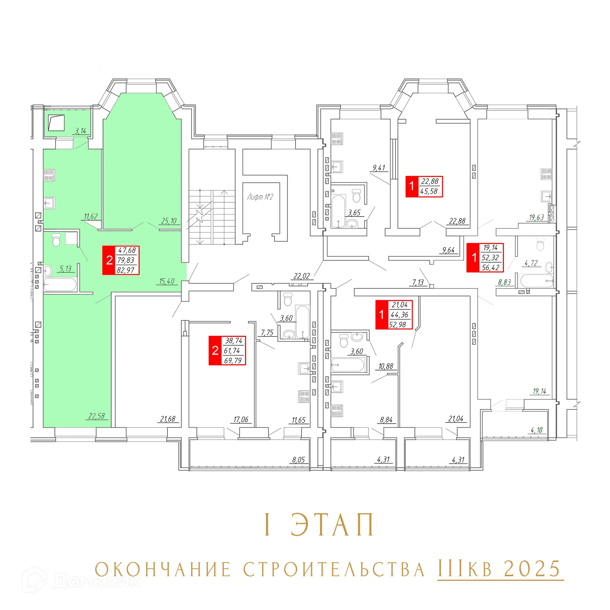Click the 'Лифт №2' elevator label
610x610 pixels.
260,197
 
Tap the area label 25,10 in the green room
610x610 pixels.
169,221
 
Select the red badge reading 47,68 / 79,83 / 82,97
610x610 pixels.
121,260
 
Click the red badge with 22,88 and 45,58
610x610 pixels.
424,186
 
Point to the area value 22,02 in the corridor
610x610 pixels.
301,276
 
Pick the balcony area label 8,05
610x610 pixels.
299,460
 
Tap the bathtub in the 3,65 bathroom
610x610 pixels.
338,211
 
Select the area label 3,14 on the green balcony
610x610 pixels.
80,131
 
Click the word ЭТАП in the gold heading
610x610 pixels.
332,525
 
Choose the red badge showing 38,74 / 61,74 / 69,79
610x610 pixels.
227,350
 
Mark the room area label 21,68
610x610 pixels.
168,419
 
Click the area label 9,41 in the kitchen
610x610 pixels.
379,168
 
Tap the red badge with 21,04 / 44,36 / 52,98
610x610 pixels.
394,314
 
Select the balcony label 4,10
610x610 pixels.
536,430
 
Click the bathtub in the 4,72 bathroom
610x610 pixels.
536,281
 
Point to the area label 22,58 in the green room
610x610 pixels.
97,416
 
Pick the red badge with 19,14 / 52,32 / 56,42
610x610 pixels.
485,258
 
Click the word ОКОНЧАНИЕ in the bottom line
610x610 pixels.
163,569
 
